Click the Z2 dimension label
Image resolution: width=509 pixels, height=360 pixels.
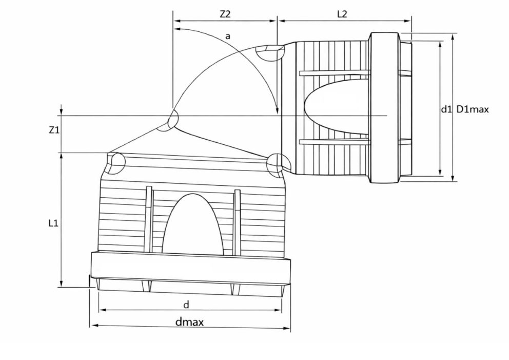coord(225,14)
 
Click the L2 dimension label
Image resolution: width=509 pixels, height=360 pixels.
coord(342,14)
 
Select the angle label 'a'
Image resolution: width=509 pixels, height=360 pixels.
coord(228,36)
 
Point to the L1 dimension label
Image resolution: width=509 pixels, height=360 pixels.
coord(53,223)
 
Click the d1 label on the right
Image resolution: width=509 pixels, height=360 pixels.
coord(446,109)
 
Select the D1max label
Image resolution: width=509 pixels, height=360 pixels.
coord(473,109)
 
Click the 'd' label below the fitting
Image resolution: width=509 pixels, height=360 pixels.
coord(186,305)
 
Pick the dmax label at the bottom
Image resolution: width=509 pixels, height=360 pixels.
coord(190,322)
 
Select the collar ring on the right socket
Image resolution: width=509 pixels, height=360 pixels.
coord(384,108)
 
